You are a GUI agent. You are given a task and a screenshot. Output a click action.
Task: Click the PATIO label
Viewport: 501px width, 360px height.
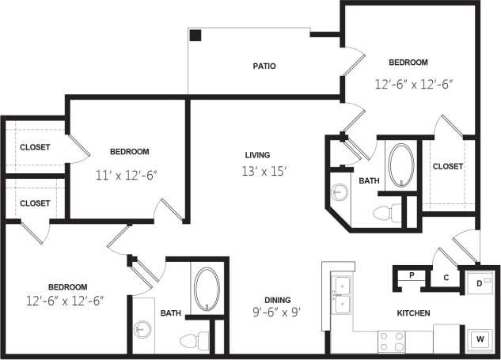coord(264,66)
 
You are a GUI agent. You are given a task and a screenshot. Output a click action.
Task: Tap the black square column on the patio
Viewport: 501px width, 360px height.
coord(195,36)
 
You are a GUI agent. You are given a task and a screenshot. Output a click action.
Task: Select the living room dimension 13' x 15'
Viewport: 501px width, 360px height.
coord(257,171)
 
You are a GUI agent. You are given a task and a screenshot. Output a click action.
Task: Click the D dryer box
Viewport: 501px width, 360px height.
coord(481,282)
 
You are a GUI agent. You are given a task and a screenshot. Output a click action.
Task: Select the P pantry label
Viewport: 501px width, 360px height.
coord(412,275)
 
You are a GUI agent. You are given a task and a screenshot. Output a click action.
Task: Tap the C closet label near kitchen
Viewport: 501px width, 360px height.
coord(446,278)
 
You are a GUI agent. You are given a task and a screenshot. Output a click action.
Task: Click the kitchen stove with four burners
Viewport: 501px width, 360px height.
coord(392,341)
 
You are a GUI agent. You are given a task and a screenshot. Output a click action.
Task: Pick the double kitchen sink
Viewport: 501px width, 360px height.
coord(342,294)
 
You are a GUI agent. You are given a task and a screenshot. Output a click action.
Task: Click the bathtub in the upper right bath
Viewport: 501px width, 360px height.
coord(399,162)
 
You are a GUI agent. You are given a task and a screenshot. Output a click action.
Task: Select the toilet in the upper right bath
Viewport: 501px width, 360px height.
coord(386,212)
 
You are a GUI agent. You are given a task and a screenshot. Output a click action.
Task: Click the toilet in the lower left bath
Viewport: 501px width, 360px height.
coord(192,341)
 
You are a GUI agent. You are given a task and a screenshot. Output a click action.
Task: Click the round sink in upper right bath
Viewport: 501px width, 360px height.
coord(341,192)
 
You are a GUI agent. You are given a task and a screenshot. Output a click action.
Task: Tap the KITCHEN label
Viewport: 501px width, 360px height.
coord(413,313)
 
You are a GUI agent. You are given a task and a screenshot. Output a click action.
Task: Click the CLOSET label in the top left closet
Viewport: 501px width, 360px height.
coord(35,147)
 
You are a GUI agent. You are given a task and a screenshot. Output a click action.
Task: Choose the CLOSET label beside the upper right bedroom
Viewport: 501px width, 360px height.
coord(447,166)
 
